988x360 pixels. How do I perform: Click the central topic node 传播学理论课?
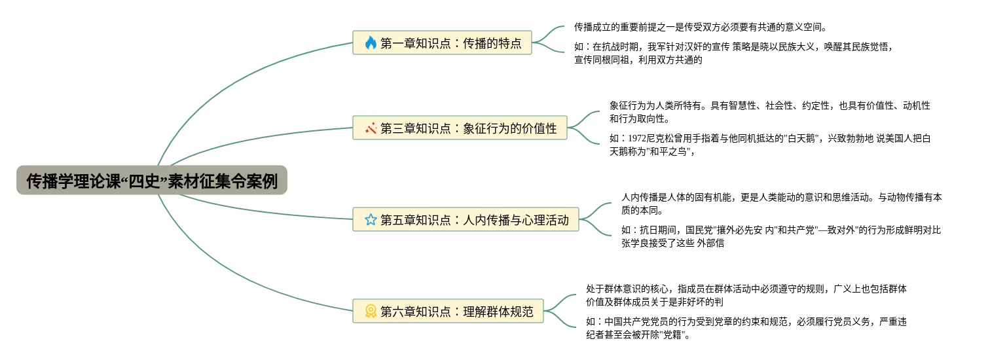click(152, 180)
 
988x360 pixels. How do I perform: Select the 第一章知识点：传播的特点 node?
click(442, 43)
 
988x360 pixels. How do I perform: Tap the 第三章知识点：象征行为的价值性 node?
click(460, 128)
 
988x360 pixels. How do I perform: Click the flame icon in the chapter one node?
click(371, 43)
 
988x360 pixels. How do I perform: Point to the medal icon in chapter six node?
click(371, 312)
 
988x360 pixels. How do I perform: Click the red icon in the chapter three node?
click(371, 128)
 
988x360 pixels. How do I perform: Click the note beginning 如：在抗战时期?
click(733, 53)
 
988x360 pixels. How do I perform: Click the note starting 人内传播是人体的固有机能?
click(781, 203)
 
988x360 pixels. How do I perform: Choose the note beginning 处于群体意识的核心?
click(746, 295)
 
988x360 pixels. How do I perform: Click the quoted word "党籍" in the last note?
click(672, 335)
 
